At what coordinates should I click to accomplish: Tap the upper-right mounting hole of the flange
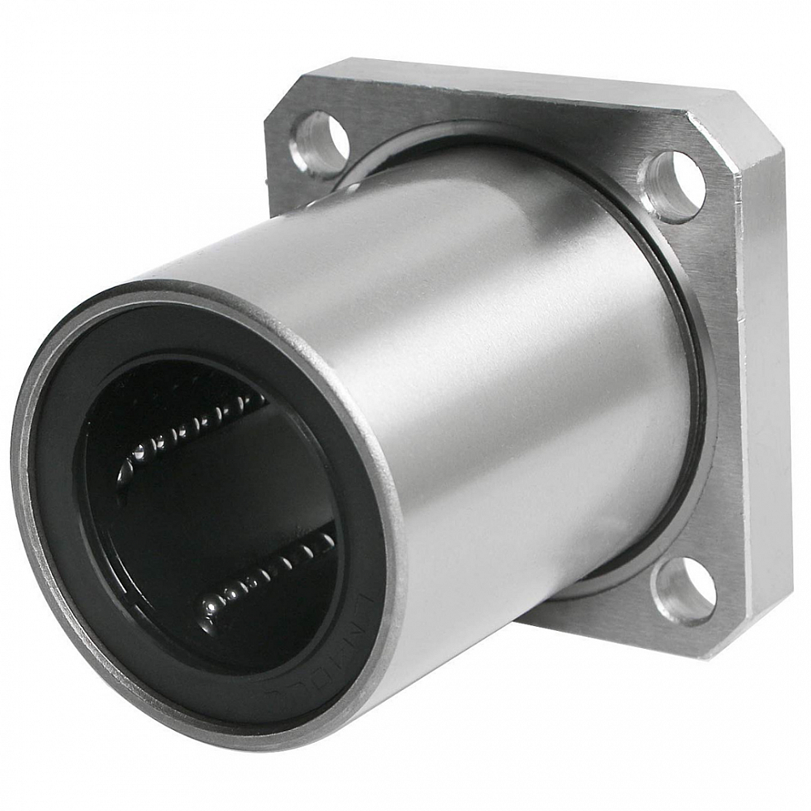tap(672, 186)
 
